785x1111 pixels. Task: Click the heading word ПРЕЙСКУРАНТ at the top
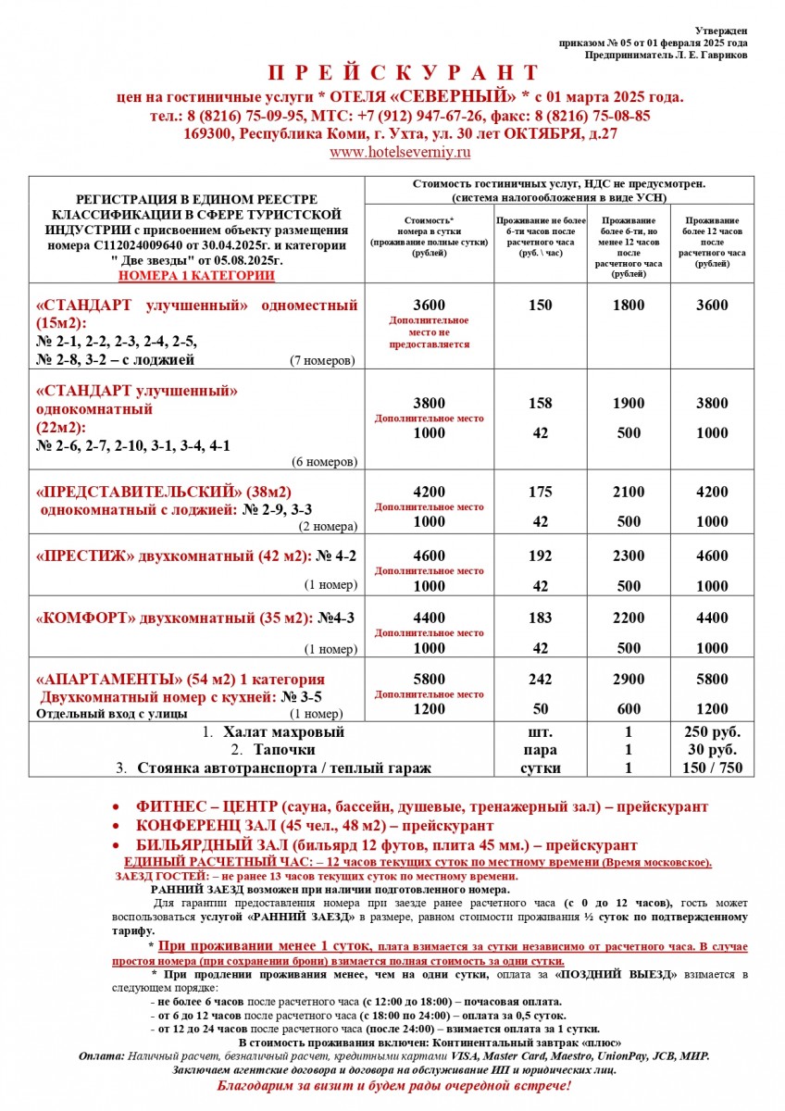coord(403,73)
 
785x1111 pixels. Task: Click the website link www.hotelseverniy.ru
coord(401,152)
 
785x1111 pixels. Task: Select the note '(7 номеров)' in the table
coord(322,360)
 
